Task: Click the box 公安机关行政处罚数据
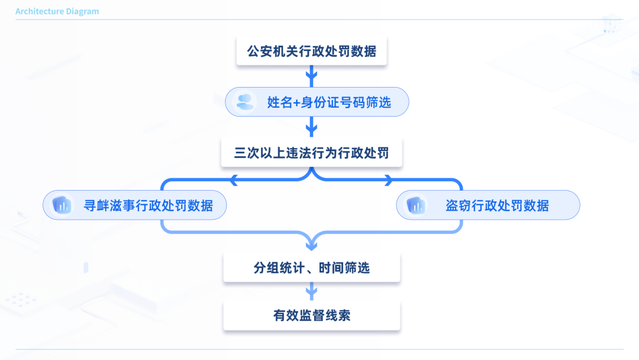point(312,51)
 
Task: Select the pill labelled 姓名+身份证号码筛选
point(317,102)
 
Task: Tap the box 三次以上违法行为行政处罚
point(312,153)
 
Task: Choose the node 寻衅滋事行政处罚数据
point(135,205)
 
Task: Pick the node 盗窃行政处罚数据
point(488,205)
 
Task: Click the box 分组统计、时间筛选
point(312,268)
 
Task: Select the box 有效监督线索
point(312,315)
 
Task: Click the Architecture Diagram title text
point(57,11)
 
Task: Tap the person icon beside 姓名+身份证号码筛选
point(244,102)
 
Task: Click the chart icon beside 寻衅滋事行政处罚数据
point(62,205)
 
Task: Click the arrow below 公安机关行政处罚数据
point(312,75)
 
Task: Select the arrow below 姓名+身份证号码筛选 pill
point(312,126)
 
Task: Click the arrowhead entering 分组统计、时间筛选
point(312,244)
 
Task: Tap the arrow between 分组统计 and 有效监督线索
point(312,291)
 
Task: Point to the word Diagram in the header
point(83,11)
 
